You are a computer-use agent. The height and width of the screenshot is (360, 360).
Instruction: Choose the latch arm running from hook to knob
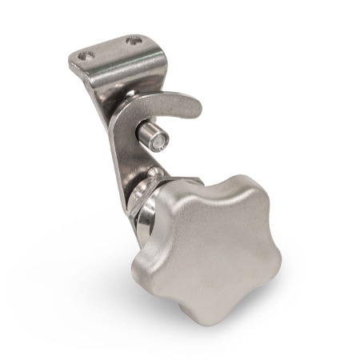[124, 152]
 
